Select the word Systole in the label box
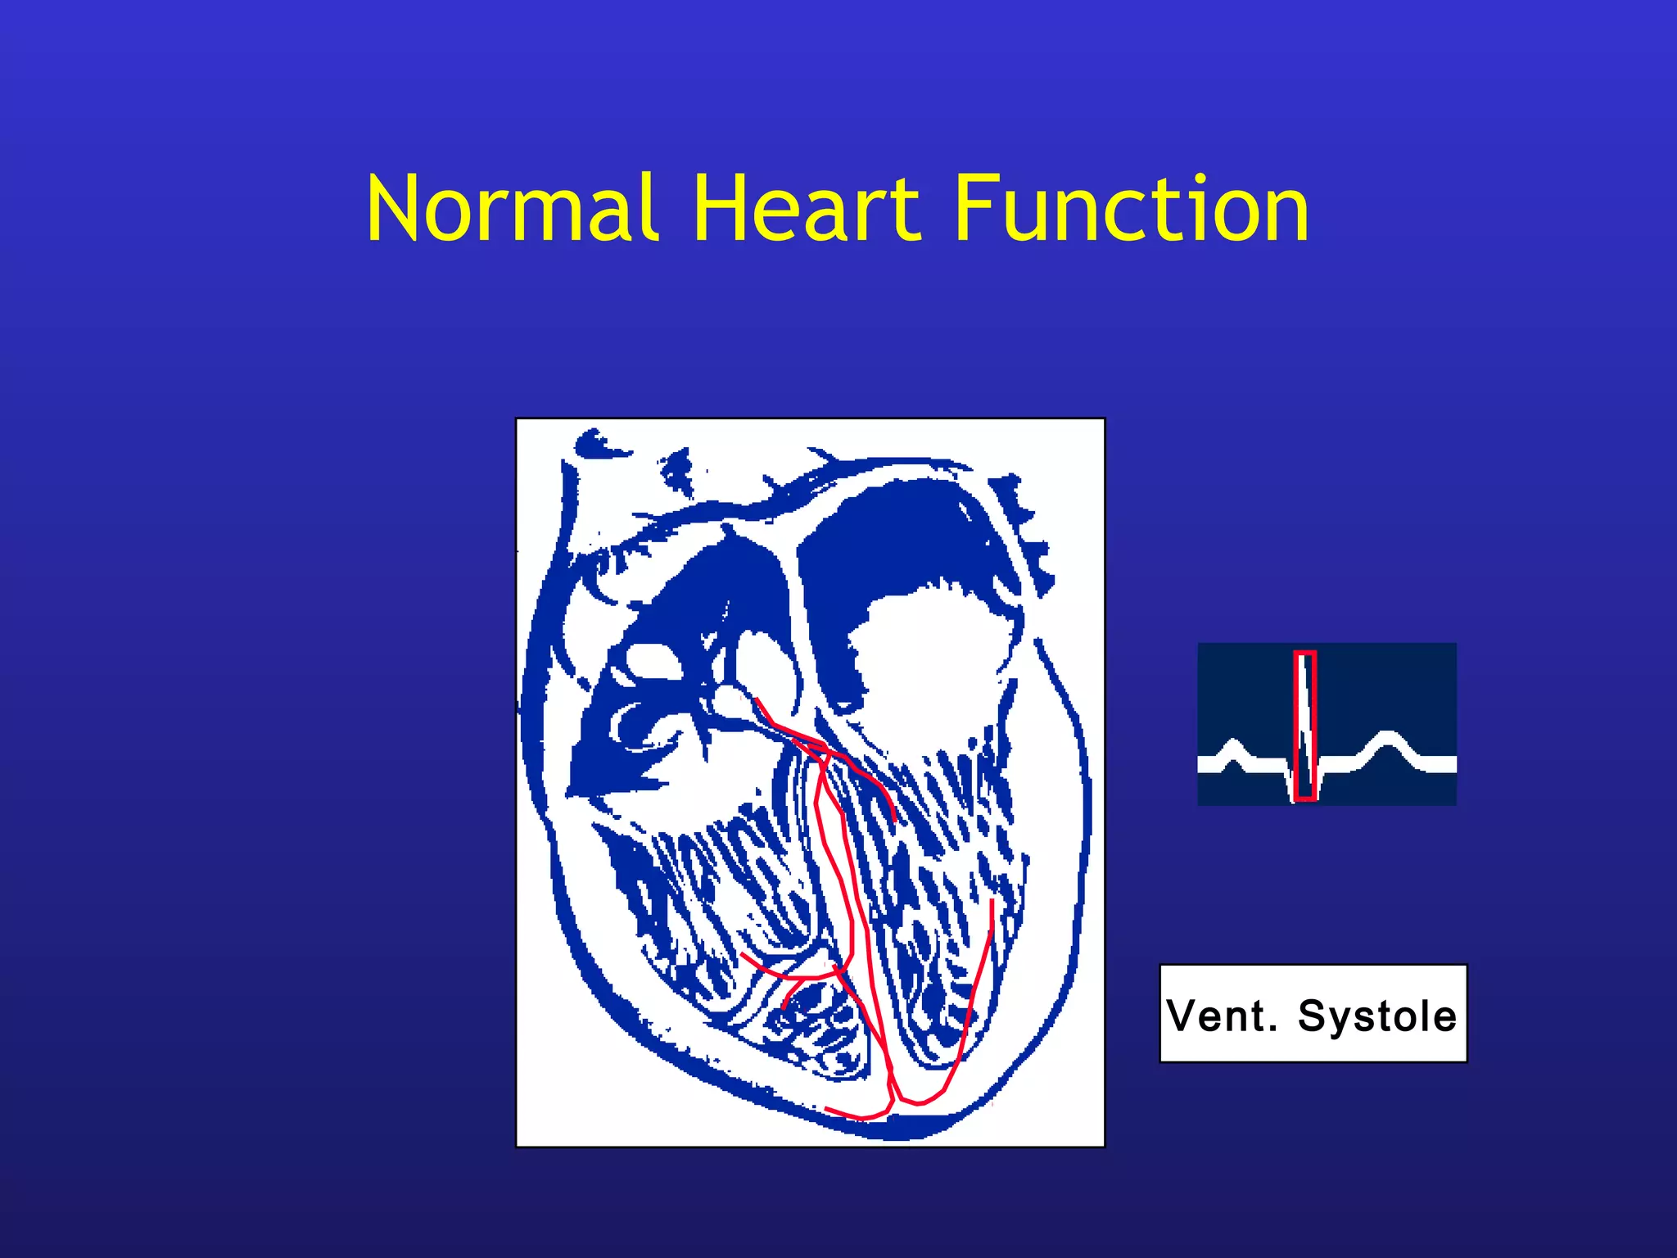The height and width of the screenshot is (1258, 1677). tap(1377, 1016)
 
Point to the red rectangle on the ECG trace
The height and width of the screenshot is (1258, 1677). tap(1305, 726)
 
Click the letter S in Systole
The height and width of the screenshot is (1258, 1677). tap(1314, 1016)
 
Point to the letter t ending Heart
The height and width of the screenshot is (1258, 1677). tap(906, 213)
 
